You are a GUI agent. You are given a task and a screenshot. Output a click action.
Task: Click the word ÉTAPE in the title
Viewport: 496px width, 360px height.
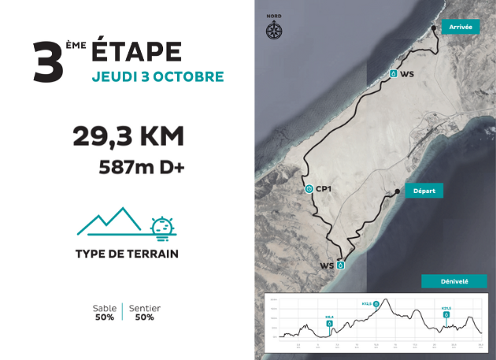click(137, 51)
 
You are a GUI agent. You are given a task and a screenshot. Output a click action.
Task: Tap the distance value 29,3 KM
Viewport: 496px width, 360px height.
click(128, 136)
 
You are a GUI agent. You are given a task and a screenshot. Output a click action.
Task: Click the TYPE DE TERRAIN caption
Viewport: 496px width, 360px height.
click(127, 254)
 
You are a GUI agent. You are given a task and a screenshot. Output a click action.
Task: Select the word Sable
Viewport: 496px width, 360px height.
click(105, 308)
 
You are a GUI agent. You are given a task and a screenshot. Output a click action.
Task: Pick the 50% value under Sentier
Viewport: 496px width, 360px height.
click(144, 317)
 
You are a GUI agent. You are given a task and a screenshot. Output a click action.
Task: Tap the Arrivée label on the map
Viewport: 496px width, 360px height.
click(460, 27)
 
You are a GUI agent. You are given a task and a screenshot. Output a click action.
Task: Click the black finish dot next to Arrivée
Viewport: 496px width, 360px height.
click(435, 28)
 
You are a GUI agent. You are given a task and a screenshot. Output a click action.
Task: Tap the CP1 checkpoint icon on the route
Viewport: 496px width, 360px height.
click(309, 189)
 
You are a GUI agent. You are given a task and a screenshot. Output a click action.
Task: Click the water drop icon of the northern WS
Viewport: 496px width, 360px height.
click(393, 73)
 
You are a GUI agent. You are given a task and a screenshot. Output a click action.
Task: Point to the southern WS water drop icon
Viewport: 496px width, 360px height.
click(341, 265)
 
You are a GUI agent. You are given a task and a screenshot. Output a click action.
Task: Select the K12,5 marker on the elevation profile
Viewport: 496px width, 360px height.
click(376, 303)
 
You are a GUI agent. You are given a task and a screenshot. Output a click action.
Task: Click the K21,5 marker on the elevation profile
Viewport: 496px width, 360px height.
click(446, 313)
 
